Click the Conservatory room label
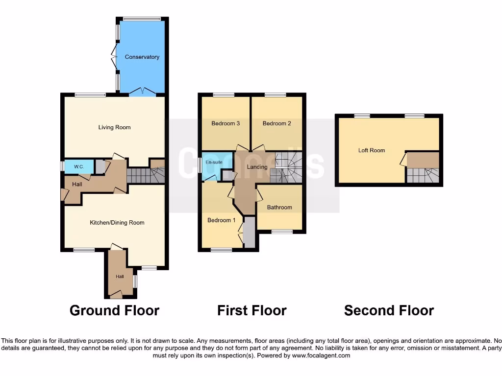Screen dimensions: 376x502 pyautogui.click(x=142, y=57)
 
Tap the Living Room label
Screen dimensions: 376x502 pyautogui.click(x=114, y=127)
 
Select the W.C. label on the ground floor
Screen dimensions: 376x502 pyautogui.click(x=79, y=167)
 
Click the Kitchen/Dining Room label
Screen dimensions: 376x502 pyautogui.click(x=117, y=223)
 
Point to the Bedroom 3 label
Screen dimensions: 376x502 pyautogui.click(x=225, y=123)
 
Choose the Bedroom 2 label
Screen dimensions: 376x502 pyautogui.click(x=276, y=123)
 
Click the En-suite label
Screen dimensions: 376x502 pyautogui.click(x=214, y=162)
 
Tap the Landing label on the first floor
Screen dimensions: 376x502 pyautogui.click(x=257, y=167)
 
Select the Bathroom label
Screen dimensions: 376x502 pyautogui.click(x=279, y=208)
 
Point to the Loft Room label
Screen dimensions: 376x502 pyautogui.click(x=371, y=150)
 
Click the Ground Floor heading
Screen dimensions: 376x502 pyautogui.click(x=114, y=310)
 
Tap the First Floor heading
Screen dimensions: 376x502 pyautogui.click(x=251, y=310)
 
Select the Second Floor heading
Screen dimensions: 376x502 pyautogui.click(x=389, y=310)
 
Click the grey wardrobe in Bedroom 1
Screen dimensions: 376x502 pyautogui.click(x=249, y=233)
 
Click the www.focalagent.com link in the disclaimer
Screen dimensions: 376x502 pyautogui.click(x=321, y=355)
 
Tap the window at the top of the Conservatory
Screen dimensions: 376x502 pyautogui.click(x=142, y=19)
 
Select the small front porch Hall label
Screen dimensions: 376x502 pyautogui.click(x=120, y=277)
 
